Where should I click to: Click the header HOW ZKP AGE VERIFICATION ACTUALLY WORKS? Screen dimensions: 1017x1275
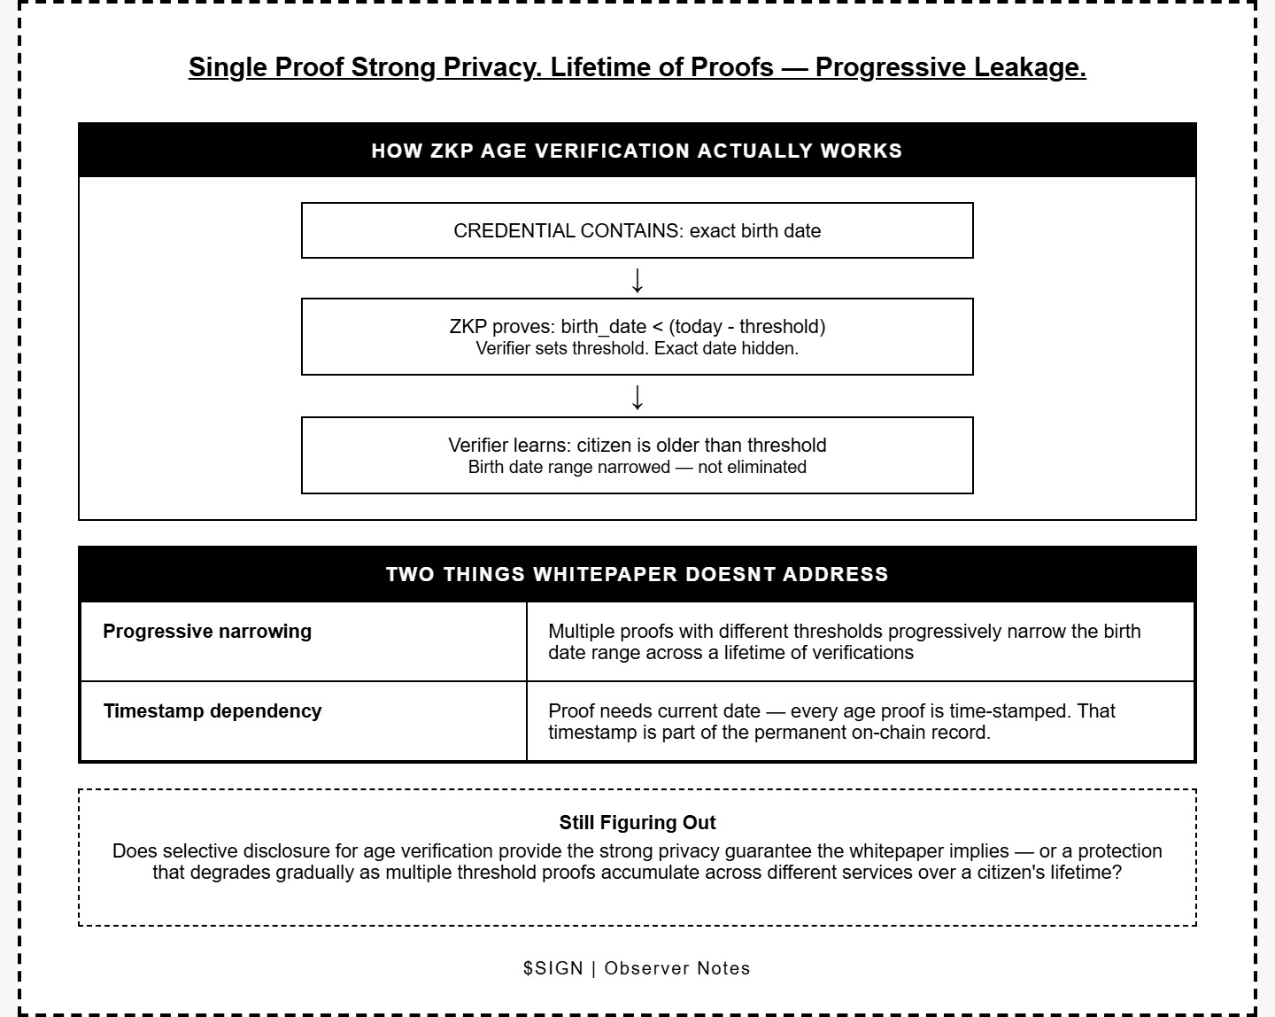pyautogui.click(x=637, y=151)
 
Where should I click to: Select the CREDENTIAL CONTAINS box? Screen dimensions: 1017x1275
pyautogui.click(x=637, y=230)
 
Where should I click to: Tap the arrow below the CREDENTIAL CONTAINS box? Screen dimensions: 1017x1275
pyautogui.click(x=637, y=279)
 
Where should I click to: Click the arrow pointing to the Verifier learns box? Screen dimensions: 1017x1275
pyautogui.click(x=637, y=396)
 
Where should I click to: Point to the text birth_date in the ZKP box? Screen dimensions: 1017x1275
pyautogui.click(x=603, y=326)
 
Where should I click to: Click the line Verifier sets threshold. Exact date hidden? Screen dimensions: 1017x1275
pyautogui.click(x=637, y=349)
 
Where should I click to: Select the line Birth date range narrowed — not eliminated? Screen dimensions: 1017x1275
pyautogui.click(x=637, y=468)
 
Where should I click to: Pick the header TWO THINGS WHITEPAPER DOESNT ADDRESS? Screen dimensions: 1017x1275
pyautogui.click(x=637, y=574)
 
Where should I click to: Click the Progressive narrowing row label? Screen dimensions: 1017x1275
pyautogui.click(x=207, y=632)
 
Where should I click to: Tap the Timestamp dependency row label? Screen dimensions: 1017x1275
pyautogui.click(x=212, y=711)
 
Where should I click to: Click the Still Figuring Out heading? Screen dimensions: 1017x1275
pyautogui.click(x=637, y=823)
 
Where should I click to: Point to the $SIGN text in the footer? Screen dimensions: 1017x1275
pyautogui.click(x=552, y=968)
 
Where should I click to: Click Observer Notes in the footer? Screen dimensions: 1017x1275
pyautogui.click(x=677, y=968)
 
